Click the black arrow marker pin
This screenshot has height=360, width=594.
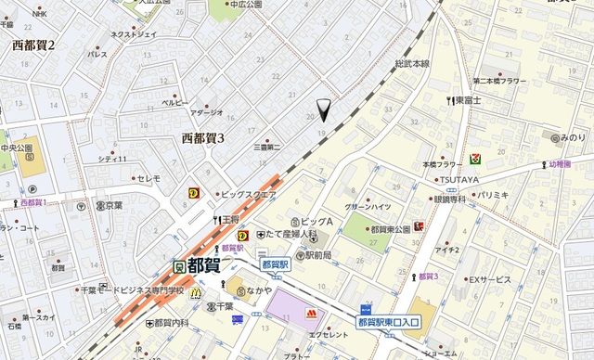tap(323, 110)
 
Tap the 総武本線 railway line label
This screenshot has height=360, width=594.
tap(411, 63)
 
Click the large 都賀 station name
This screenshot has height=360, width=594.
tap(203, 265)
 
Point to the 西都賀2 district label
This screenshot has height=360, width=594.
tap(33, 45)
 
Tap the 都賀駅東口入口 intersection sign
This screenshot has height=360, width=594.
tap(389, 321)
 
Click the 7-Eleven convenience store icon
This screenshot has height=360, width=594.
tap(474, 159)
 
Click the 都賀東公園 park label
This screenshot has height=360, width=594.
tap(390, 229)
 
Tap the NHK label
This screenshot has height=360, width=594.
tap(39, 14)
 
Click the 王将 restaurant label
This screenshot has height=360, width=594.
tap(228, 220)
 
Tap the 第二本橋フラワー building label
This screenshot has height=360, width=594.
tap(499, 81)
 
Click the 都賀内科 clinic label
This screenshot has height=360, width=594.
tap(168, 322)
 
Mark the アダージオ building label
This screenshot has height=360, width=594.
tap(206, 112)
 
